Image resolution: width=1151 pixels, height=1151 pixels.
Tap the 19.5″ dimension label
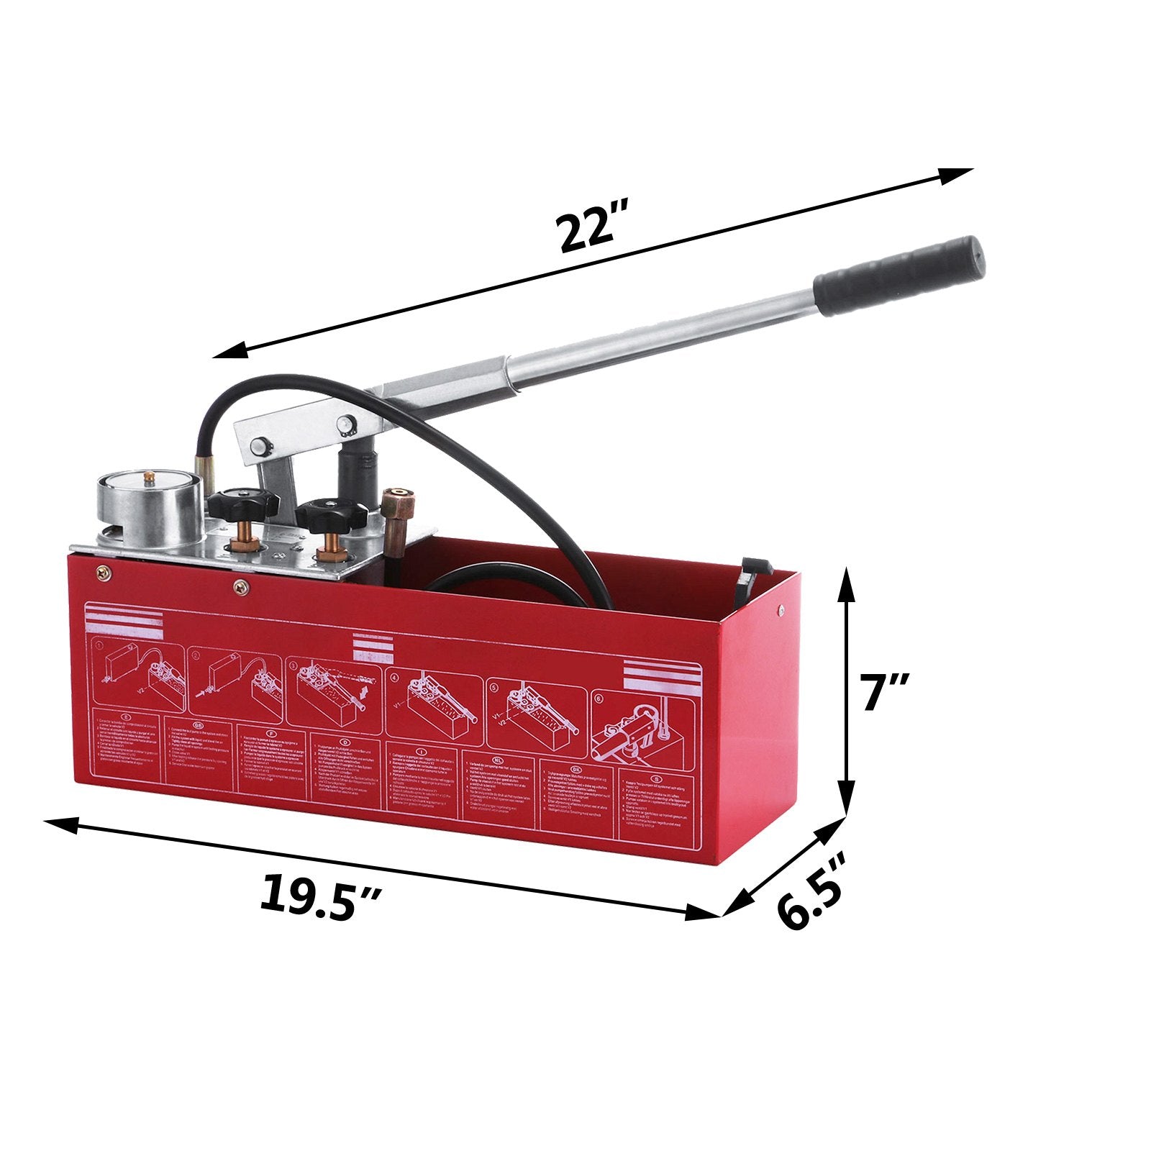(x=320, y=896)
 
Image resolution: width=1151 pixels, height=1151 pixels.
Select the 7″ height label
(x=886, y=692)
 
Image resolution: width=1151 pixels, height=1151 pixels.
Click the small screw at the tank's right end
(x=781, y=611)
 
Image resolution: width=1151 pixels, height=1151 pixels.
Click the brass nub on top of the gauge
(x=149, y=476)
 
